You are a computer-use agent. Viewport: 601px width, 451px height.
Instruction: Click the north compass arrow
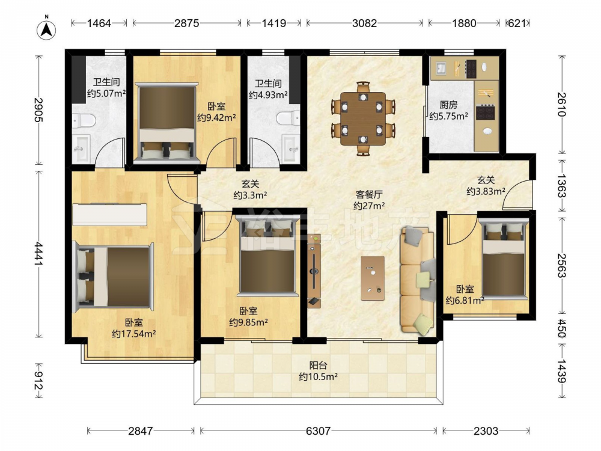coord(46,29)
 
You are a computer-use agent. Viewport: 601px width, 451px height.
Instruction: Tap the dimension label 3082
coord(365,23)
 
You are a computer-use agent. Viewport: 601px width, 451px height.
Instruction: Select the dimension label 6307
coord(318,431)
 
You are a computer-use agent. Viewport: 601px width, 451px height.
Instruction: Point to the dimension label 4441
coord(38,253)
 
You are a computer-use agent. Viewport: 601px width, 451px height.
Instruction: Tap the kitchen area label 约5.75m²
coord(448,116)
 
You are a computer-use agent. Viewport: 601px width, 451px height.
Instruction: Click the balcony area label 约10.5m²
coord(318,376)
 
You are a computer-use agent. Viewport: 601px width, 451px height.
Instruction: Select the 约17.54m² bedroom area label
coord(134,334)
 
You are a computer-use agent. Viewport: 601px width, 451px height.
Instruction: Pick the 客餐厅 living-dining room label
coord(369,195)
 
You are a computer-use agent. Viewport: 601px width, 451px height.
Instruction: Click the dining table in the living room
coord(363,118)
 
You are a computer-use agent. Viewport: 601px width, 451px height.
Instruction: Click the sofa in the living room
coord(418,280)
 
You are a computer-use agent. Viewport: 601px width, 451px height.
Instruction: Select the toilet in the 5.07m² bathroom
coord(84,120)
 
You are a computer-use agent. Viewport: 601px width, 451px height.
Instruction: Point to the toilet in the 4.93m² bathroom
coord(288,118)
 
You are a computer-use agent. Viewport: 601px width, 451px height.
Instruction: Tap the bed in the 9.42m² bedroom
coord(166,122)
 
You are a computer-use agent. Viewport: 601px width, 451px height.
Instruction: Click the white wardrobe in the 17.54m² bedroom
coord(109,215)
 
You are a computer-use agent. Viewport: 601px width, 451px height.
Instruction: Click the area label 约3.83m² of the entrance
coord(486,191)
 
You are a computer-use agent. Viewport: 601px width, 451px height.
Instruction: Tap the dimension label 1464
coord(99,23)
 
